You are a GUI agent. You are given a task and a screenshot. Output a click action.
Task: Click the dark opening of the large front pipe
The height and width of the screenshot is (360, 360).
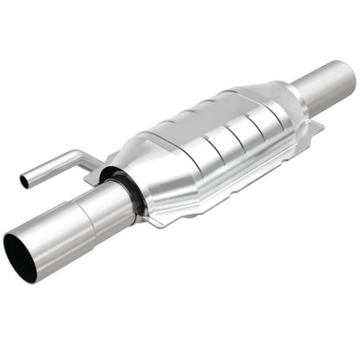point(20,258)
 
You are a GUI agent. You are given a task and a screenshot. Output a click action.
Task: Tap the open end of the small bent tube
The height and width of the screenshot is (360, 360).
point(23,182)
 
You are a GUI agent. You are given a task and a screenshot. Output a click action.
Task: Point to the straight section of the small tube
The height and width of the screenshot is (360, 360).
point(48,170)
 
